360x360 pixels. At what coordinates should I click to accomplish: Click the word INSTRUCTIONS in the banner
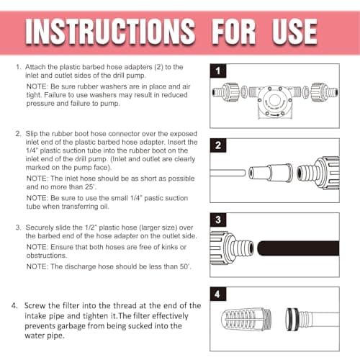coord(110,32)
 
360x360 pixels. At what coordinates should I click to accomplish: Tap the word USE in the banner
coord(294,32)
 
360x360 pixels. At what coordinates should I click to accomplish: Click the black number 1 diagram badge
coord(218,71)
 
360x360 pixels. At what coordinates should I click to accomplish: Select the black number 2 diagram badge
coord(218,145)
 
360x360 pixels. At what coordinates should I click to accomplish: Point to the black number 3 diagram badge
coord(218,220)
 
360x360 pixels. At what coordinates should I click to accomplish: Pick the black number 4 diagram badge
coord(218,294)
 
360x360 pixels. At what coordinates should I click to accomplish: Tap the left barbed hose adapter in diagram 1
coord(226,92)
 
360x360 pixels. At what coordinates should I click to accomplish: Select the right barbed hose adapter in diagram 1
coord(325,92)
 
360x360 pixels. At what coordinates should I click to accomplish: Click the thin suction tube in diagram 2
coord(228,173)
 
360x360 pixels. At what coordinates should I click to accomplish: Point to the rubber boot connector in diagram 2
coord(271,172)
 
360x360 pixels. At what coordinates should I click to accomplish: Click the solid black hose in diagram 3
coord(298,248)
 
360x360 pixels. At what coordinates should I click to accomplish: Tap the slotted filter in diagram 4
coord(246,320)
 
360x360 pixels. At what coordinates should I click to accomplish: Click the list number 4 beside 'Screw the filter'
coord(14,306)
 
